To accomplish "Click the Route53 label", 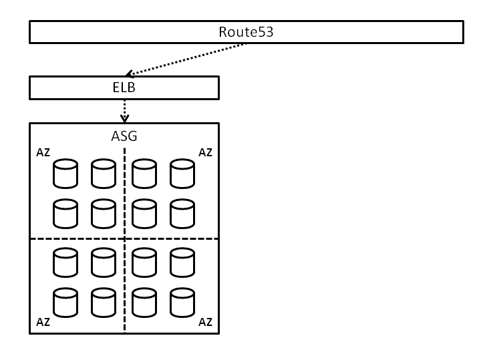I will tap(246, 31).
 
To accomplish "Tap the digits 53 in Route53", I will tap(266, 31).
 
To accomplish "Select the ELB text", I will tap(124, 87).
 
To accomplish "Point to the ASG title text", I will tap(124, 136).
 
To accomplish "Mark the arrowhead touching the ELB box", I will tap(130, 74).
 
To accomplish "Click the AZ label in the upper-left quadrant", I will tap(43, 153).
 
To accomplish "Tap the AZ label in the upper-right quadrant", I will tap(206, 153).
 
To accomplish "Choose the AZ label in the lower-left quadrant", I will tap(43, 322).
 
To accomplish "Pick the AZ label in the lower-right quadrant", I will tap(206, 322).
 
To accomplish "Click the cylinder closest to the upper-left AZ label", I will tap(65, 174).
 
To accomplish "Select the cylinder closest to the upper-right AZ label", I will tap(182, 174).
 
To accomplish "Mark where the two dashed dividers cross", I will tap(125, 238).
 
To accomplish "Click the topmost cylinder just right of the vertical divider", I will tap(144, 174).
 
